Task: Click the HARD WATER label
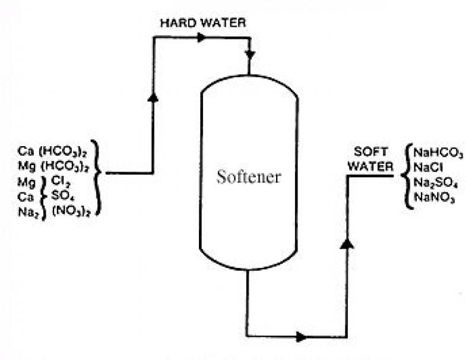[x=203, y=23]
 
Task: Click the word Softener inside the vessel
[x=249, y=176]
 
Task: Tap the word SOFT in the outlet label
[x=370, y=151]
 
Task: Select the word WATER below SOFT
[x=370, y=166]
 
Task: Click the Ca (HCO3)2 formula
[x=53, y=151]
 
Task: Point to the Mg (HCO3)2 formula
[x=53, y=166]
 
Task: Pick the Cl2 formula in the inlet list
[x=61, y=181]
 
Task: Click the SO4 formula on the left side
[x=63, y=196]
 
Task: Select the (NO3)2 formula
[x=71, y=211]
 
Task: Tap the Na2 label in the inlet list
[x=28, y=212]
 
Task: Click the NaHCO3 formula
[x=438, y=153]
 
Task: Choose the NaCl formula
[x=428, y=168]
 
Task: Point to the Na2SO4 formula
[x=435, y=183]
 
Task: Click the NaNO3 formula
[x=434, y=198]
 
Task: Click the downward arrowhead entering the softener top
[x=250, y=55]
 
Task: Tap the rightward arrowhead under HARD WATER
[x=201, y=37]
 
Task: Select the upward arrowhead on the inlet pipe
[x=153, y=97]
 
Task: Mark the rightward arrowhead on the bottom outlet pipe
[x=301, y=337]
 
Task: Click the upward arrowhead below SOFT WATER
[x=347, y=244]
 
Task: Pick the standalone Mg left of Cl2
[x=26, y=182]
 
